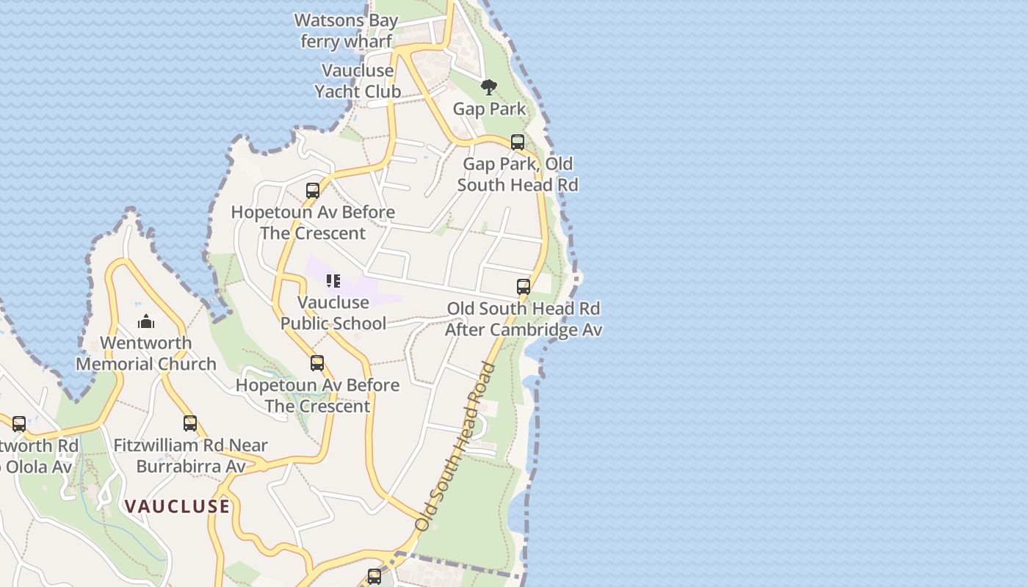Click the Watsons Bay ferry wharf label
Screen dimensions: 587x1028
click(x=346, y=31)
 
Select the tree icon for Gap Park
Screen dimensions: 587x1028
click(x=488, y=88)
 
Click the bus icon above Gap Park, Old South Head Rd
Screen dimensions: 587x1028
click(x=518, y=142)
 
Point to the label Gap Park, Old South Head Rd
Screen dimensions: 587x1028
click(x=518, y=174)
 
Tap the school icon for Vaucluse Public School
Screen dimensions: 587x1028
click(x=333, y=281)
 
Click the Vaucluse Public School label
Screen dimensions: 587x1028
click(x=333, y=313)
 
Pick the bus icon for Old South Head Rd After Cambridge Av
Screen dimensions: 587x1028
click(x=524, y=287)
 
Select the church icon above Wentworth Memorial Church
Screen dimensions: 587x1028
click(x=146, y=321)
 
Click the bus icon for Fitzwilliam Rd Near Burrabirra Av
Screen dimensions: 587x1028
click(x=190, y=423)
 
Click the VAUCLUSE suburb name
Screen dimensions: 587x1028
click(x=177, y=506)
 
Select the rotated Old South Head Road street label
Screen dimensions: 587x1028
click(x=456, y=447)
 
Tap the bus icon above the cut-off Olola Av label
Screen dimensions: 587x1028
click(x=19, y=423)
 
